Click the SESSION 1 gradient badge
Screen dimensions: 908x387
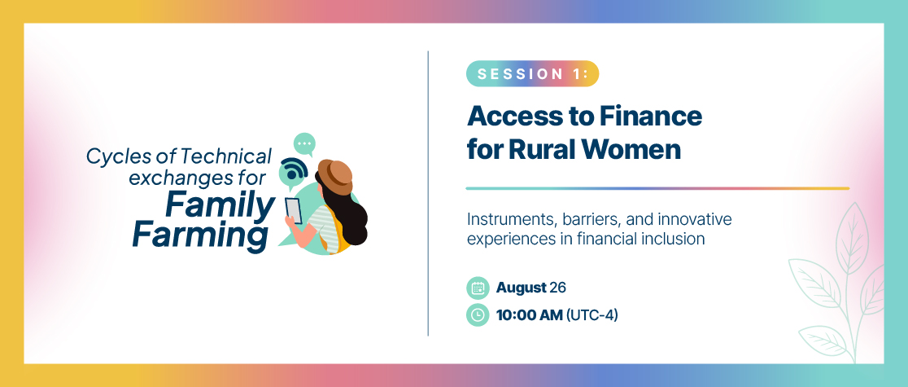coord(532,73)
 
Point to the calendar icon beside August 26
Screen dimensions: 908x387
coord(478,288)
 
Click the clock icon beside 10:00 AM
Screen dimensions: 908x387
coord(478,315)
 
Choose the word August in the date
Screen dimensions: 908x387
coord(522,288)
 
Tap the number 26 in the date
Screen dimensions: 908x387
coord(557,288)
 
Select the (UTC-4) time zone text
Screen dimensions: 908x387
coord(592,315)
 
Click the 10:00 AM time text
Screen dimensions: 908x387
coord(530,315)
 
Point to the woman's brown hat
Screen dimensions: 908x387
coord(336,176)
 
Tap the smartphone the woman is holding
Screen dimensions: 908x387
coord(294,210)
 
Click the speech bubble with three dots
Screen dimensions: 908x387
coord(304,144)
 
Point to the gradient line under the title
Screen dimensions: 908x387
coord(657,188)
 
